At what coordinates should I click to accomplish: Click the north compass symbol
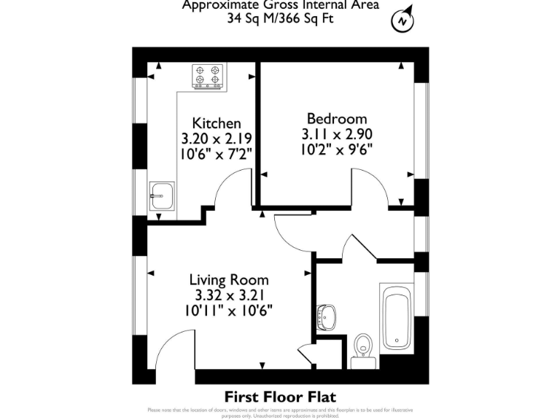pos(402,21)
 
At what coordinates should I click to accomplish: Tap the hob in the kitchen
pos(208,76)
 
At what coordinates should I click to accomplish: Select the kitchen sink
pos(162,195)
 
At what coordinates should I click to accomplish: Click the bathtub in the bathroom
pos(397,319)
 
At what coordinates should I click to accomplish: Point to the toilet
pos(362,349)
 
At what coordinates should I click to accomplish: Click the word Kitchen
pos(216,123)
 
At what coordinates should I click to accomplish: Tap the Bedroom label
pos(337,119)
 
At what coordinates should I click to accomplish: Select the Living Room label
pos(229,280)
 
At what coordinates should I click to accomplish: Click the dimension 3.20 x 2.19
pos(216,138)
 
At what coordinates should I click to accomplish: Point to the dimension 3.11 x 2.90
pos(337,134)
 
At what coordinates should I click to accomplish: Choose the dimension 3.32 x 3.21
pos(229,295)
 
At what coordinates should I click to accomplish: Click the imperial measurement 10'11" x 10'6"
pos(229,310)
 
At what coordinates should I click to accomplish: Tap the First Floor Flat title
pos(280,397)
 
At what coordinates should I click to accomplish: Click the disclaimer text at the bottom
pos(280,413)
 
